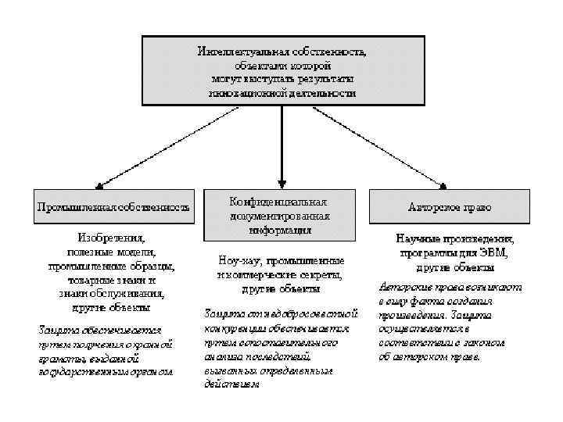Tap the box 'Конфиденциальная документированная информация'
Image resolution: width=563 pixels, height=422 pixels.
click(x=280, y=213)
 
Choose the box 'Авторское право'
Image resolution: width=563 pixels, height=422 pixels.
click(x=450, y=208)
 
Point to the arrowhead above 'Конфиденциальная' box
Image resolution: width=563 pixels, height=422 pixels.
click(x=280, y=182)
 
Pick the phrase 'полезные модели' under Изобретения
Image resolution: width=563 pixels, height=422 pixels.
click(x=110, y=251)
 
